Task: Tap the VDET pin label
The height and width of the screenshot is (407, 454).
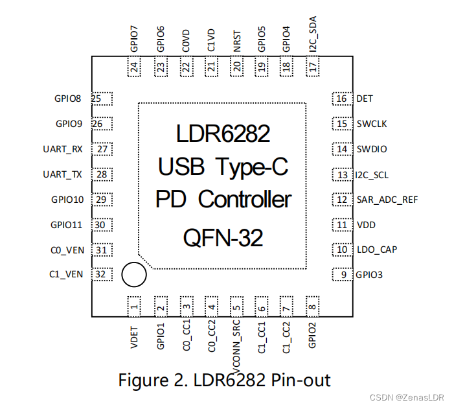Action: (134, 337)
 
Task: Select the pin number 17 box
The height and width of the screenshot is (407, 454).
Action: (313, 67)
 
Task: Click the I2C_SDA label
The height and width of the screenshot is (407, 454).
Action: (313, 34)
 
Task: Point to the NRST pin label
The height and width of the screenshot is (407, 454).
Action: (237, 41)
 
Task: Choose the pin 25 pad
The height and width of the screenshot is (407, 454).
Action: (102, 99)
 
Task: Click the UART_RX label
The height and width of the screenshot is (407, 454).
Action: (63, 149)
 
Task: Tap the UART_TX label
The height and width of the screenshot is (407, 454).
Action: (62, 174)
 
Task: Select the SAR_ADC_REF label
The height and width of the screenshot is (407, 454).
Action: (387, 200)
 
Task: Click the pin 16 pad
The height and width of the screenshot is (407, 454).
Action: (343, 99)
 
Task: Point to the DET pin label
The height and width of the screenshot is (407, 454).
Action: (365, 99)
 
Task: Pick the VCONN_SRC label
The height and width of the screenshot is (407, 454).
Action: (236, 347)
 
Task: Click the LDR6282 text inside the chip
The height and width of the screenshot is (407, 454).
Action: (223, 134)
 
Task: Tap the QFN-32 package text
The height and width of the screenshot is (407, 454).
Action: (223, 238)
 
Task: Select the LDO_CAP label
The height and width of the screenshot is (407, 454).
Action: (377, 250)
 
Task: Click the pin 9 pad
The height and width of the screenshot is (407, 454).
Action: (343, 275)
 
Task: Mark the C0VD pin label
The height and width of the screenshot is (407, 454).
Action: (186, 41)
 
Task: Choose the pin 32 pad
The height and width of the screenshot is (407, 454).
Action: (102, 274)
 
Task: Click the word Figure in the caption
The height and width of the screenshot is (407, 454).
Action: (143, 380)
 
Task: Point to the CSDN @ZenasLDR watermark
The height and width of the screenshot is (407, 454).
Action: (407, 397)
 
